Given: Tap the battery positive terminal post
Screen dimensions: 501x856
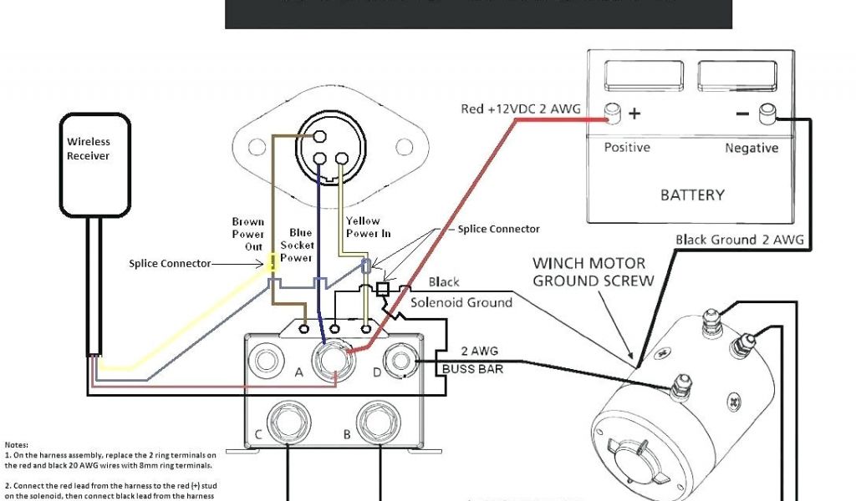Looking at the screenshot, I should pos(613,114).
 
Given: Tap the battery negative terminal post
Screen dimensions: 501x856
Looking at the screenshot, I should pos(766,114).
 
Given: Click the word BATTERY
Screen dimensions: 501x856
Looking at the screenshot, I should pos(692,195).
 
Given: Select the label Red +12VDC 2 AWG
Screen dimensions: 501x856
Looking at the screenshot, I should pos(520,109).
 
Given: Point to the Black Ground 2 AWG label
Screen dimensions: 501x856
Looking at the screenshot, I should pos(740,240).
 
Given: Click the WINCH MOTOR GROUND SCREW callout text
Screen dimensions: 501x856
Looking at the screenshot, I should pos(593,272).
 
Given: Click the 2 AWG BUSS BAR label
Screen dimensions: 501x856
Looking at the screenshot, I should pos(472,360).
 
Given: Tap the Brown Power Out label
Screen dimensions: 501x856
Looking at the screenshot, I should pos(248,234).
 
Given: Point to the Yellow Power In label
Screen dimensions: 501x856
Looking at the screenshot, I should pos(368,227).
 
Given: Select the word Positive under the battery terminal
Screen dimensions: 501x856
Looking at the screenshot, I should pos(627,148).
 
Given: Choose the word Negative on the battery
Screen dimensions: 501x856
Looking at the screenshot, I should pos(752,148).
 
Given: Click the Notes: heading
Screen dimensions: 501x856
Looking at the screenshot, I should pos(16,444).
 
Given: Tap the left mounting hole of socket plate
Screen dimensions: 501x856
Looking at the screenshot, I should pos(255,149).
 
